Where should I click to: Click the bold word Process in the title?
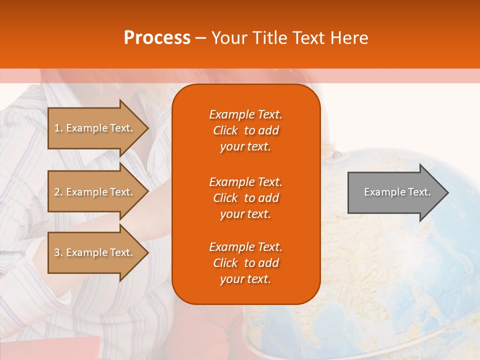coord(156,38)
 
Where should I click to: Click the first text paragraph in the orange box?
coord(245,130)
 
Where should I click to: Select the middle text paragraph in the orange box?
coord(245,198)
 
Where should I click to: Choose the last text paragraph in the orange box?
coord(245,263)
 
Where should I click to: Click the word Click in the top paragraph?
coord(225,130)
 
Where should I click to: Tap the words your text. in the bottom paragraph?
coord(245,279)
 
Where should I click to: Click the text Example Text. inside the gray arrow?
coord(397,192)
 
